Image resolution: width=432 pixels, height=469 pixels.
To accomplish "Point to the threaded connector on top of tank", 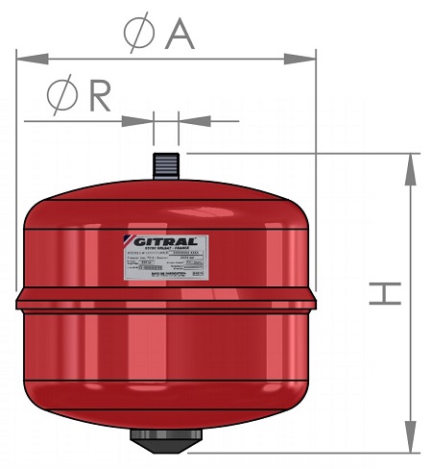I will pyautogui.click(x=166, y=160).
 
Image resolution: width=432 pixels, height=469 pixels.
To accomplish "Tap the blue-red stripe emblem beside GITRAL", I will pyautogui.click(x=134, y=241).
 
